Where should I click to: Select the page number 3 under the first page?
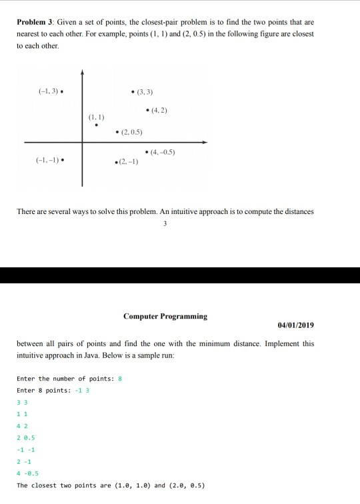coord(164,224)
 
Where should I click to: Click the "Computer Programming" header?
coord(165,316)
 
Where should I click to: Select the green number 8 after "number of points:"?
coord(119,378)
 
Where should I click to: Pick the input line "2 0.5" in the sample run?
coord(25,437)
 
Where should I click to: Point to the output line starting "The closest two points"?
coord(110,485)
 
